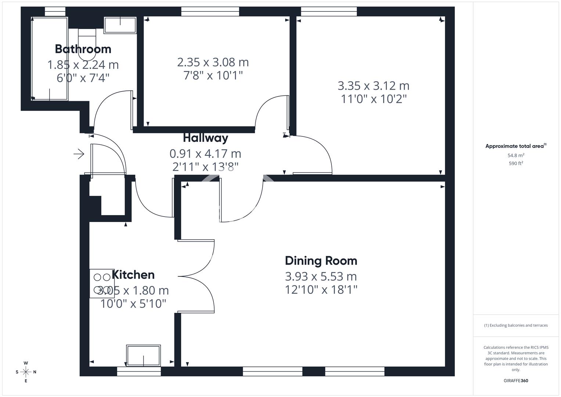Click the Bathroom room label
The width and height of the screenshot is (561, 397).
coord(83,49)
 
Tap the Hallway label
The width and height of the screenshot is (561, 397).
coord(206,138)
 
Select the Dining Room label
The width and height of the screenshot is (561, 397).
coord(321,261)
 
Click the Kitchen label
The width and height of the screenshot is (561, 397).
coord(133,275)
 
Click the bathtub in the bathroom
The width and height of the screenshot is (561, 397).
coord(50,59)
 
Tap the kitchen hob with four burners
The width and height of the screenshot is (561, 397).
coord(102,283)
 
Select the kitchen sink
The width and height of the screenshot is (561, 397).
coord(144,356)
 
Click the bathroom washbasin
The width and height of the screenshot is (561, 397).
coord(120,25)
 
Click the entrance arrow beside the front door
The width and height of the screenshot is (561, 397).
coord(79,154)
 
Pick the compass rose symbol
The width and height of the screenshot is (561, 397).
coord(26,372)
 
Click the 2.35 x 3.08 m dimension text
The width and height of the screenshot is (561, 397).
coord(213,62)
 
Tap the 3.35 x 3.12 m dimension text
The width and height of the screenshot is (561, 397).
coord(373,86)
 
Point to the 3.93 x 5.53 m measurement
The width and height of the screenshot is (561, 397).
coord(321,276)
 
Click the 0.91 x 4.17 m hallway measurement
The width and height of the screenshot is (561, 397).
coord(205,154)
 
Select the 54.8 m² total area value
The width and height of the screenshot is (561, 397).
coord(516,155)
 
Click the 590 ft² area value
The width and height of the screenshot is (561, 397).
coord(516,164)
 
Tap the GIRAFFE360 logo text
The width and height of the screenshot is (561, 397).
coord(516,381)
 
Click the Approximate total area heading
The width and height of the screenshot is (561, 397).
coord(516,146)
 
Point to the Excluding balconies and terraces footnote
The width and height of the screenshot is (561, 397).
coord(516,325)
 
